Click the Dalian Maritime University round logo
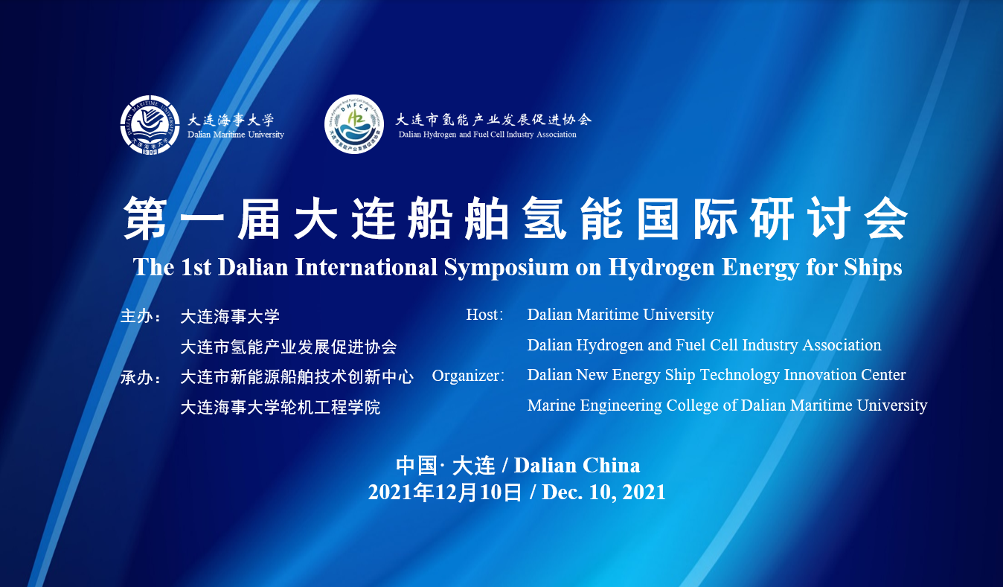150,125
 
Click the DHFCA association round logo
354,124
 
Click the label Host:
484,314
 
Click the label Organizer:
468,375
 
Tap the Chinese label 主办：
141,316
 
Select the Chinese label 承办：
141,377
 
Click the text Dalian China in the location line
577,466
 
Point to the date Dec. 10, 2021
603,492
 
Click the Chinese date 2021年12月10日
445,492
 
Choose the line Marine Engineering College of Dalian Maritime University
727,405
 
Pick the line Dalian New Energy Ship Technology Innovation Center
717,375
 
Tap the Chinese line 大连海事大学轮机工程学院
281,408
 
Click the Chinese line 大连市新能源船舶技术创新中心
297,377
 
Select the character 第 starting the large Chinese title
145,218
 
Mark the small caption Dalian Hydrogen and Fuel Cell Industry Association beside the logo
487,135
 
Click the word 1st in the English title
196,268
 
